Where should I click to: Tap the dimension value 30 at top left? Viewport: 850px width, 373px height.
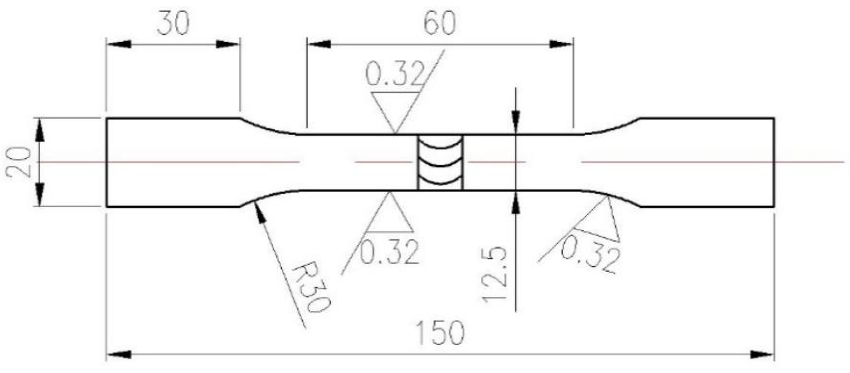173,23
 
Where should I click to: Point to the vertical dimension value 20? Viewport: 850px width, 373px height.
18,162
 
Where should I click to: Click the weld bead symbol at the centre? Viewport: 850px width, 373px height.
440,162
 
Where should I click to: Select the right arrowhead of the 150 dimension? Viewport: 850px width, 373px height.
762,355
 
